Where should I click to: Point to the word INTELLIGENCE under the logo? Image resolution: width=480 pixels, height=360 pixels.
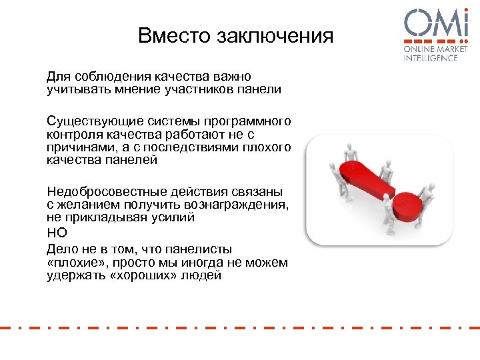tap(431, 59)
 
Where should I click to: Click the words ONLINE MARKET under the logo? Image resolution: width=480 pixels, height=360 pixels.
tap(431, 50)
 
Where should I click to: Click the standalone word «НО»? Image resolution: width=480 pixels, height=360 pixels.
tap(57, 233)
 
